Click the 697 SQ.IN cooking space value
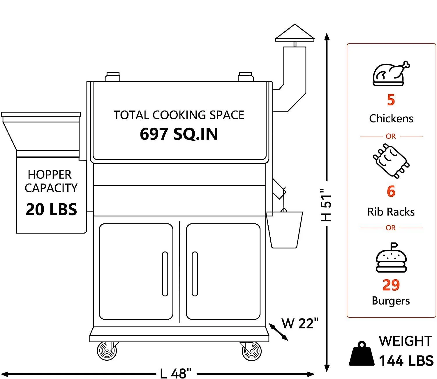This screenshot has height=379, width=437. [x=179, y=134]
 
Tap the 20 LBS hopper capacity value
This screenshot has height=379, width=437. [x=51, y=209]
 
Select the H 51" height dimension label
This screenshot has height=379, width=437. [x=326, y=205]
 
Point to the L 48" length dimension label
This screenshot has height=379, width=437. [x=176, y=373]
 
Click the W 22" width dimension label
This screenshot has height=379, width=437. [x=300, y=323]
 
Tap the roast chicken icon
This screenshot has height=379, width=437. [x=390, y=73]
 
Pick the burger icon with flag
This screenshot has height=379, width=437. [x=391, y=258]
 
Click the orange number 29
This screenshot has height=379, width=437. [x=391, y=285]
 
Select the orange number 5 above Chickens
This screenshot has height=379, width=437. [x=391, y=100]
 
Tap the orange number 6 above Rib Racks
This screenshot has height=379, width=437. [x=391, y=191]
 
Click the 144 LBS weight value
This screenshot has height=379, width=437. [x=406, y=361]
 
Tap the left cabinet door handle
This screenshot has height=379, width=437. [x=165, y=274]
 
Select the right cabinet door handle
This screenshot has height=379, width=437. [x=195, y=274]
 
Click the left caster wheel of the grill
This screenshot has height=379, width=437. [x=107, y=351]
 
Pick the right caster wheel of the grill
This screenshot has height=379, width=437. [x=252, y=351]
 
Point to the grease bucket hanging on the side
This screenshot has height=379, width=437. [x=285, y=230]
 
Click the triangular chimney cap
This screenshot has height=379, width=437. [x=295, y=33]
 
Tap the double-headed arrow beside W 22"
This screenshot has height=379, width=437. [x=278, y=332]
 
